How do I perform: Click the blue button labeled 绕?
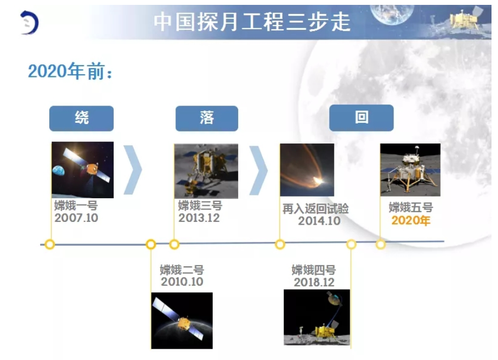click(81, 118)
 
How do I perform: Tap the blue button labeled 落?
click(207, 118)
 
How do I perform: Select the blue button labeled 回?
click(362, 117)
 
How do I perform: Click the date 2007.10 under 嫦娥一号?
click(76, 218)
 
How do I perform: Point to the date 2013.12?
click(199, 218)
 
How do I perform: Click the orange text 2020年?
click(411, 220)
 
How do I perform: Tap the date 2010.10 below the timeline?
click(182, 282)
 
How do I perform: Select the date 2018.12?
click(314, 282)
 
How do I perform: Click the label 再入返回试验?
click(316, 209)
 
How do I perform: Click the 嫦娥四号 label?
click(314, 270)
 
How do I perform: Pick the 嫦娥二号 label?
click(182, 270)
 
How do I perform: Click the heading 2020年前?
click(70, 71)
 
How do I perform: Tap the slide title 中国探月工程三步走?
click(252, 22)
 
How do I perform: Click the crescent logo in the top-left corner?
click(30, 23)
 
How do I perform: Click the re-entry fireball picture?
click(307, 170)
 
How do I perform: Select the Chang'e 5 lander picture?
click(410, 169)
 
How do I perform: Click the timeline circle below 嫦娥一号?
click(50, 244)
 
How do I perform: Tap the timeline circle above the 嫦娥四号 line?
click(351, 244)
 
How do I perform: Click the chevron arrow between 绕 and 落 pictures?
click(133, 170)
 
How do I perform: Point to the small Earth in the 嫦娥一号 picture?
click(59, 171)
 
